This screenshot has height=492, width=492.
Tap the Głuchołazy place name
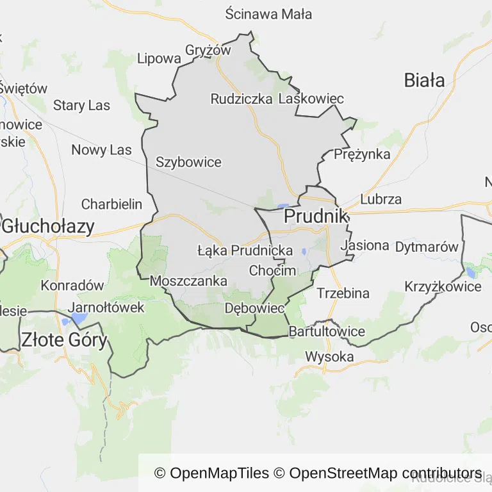point(48,226)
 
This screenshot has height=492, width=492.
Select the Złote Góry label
point(64,340)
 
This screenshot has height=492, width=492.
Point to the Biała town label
point(424,80)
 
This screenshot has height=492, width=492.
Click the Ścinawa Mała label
point(269,13)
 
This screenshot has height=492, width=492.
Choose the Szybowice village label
point(188,162)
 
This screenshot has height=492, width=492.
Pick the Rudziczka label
point(242,99)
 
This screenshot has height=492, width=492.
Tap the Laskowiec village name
point(311,99)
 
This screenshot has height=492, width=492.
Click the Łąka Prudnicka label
point(245,250)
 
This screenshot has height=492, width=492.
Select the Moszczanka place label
point(188,281)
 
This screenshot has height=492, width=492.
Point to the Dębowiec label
point(254,308)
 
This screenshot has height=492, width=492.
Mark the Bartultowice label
point(327,331)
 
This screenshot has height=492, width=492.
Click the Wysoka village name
point(329,356)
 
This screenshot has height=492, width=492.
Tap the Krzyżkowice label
point(443,286)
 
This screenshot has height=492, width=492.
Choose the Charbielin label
point(111,204)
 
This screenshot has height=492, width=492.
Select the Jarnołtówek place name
point(106,307)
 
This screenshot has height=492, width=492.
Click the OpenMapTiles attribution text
point(212,473)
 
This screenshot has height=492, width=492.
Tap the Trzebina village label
point(343,293)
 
